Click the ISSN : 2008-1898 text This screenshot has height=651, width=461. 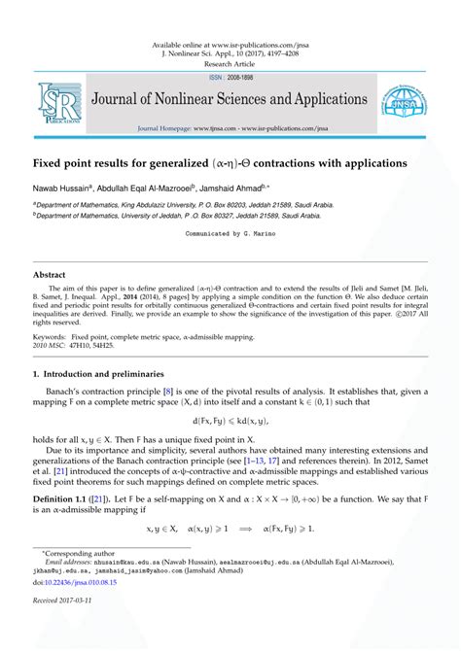click(230, 77)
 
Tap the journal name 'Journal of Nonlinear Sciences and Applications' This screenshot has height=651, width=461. click(229, 100)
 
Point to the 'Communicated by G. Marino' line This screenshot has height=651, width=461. click(230, 234)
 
